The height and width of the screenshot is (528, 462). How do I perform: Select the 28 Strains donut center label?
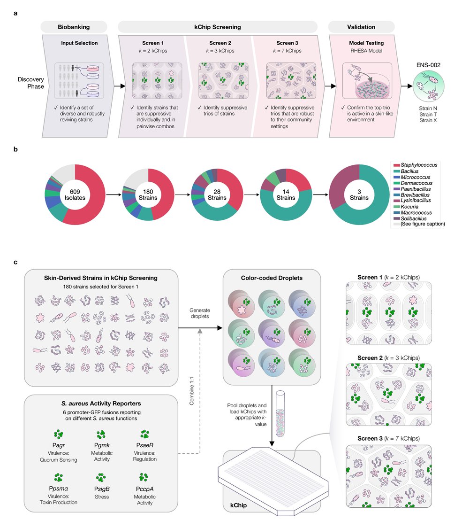pyautogui.click(x=217, y=194)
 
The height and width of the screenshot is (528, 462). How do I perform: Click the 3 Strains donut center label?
pyautogui.click(x=359, y=194)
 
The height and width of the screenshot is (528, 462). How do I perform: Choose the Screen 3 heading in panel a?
pyautogui.click(x=284, y=43)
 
